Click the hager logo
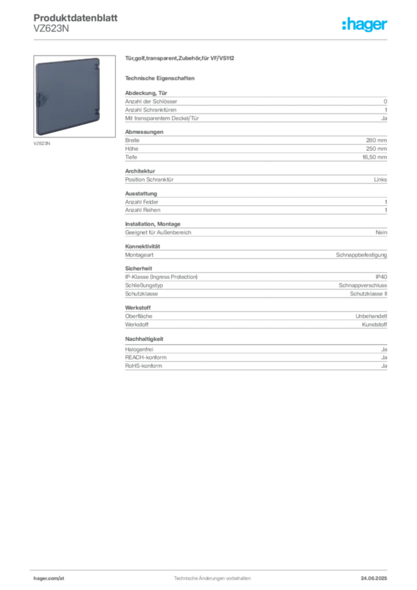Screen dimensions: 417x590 tap(365, 24)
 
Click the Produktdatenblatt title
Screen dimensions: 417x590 tap(75, 18)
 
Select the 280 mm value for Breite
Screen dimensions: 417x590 tap(376, 141)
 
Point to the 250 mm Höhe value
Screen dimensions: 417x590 tap(376, 149)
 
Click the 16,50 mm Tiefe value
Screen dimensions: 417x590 tap(374, 157)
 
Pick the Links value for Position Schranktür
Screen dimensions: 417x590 tap(381, 180)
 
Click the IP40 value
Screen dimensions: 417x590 tap(381, 277)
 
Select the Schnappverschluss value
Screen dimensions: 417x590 tap(363, 285)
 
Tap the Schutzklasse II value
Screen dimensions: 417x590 tap(369, 294)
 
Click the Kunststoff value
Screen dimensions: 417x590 tap(374, 324)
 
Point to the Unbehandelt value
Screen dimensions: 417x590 tap(371, 316)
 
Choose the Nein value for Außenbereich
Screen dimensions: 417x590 tap(381, 233)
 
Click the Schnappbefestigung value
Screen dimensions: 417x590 tap(361, 255)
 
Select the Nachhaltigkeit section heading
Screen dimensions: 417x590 tap(145, 339)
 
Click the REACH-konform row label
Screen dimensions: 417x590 tap(146, 357)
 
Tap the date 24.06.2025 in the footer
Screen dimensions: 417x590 tap(374, 578)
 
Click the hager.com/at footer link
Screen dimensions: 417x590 tap(49, 578)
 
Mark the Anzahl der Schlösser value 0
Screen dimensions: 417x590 tap(385, 101)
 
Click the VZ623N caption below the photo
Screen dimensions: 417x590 tap(41, 143)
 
